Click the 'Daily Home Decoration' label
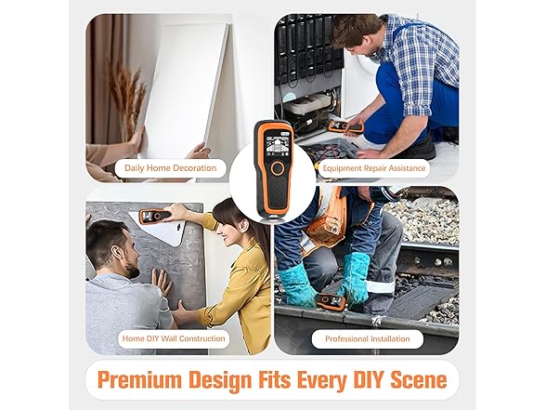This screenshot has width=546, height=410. tap(171, 168)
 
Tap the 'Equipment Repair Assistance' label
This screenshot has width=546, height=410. tap(374, 168)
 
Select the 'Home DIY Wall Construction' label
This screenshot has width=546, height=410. tap(174, 338)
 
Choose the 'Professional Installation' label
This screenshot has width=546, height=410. tap(368, 338)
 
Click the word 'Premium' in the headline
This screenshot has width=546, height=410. tap(140, 379)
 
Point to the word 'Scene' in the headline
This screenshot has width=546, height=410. tap(419, 379)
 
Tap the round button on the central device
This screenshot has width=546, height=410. tap(278, 167)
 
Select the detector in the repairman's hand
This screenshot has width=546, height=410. tap(346, 126)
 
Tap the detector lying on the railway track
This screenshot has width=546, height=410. tap(331, 301)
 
